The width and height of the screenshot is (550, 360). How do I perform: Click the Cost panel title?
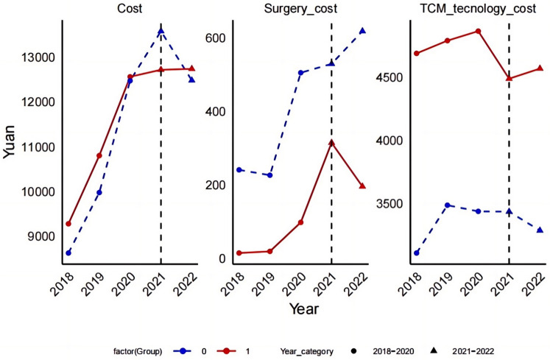[130, 9]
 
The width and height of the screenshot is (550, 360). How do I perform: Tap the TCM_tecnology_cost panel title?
[474, 9]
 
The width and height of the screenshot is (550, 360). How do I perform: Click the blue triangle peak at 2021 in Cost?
[161, 30]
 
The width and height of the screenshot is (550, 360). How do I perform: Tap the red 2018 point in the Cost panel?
[68, 224]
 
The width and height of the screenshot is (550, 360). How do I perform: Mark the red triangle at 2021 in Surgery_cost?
[331, 143]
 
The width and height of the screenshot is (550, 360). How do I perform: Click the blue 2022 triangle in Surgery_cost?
[362, 31]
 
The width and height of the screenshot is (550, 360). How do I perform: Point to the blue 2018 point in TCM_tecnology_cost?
[416, 253]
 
